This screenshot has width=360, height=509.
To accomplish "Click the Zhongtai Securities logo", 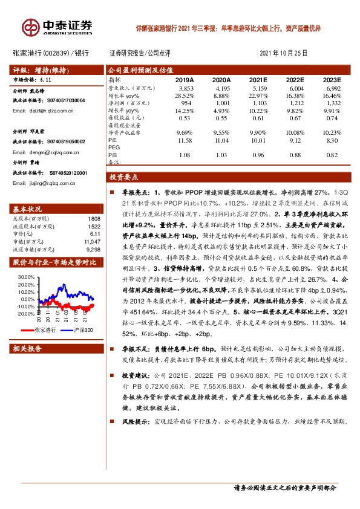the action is tap(58, 27).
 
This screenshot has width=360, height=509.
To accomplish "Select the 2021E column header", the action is tap(258, 79).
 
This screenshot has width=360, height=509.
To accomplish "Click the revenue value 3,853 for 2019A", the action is tap(184, 88).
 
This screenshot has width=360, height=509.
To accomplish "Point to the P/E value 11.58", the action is tap(184, 140).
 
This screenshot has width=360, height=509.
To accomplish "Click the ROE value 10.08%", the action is tap(295, 132).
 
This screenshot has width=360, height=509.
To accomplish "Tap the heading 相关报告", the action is tap(27, 349).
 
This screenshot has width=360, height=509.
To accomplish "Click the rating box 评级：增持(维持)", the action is tap(42, 69).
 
